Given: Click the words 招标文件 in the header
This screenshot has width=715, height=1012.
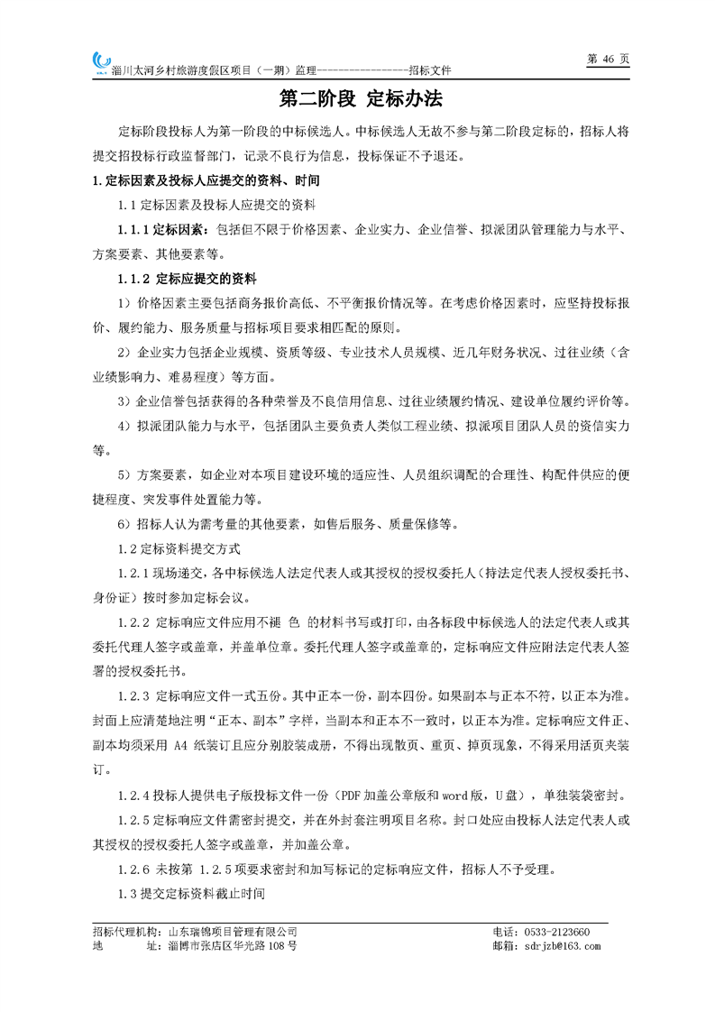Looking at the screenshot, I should point(428,70).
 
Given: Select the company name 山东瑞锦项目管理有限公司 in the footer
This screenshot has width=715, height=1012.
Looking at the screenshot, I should point(234,931).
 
